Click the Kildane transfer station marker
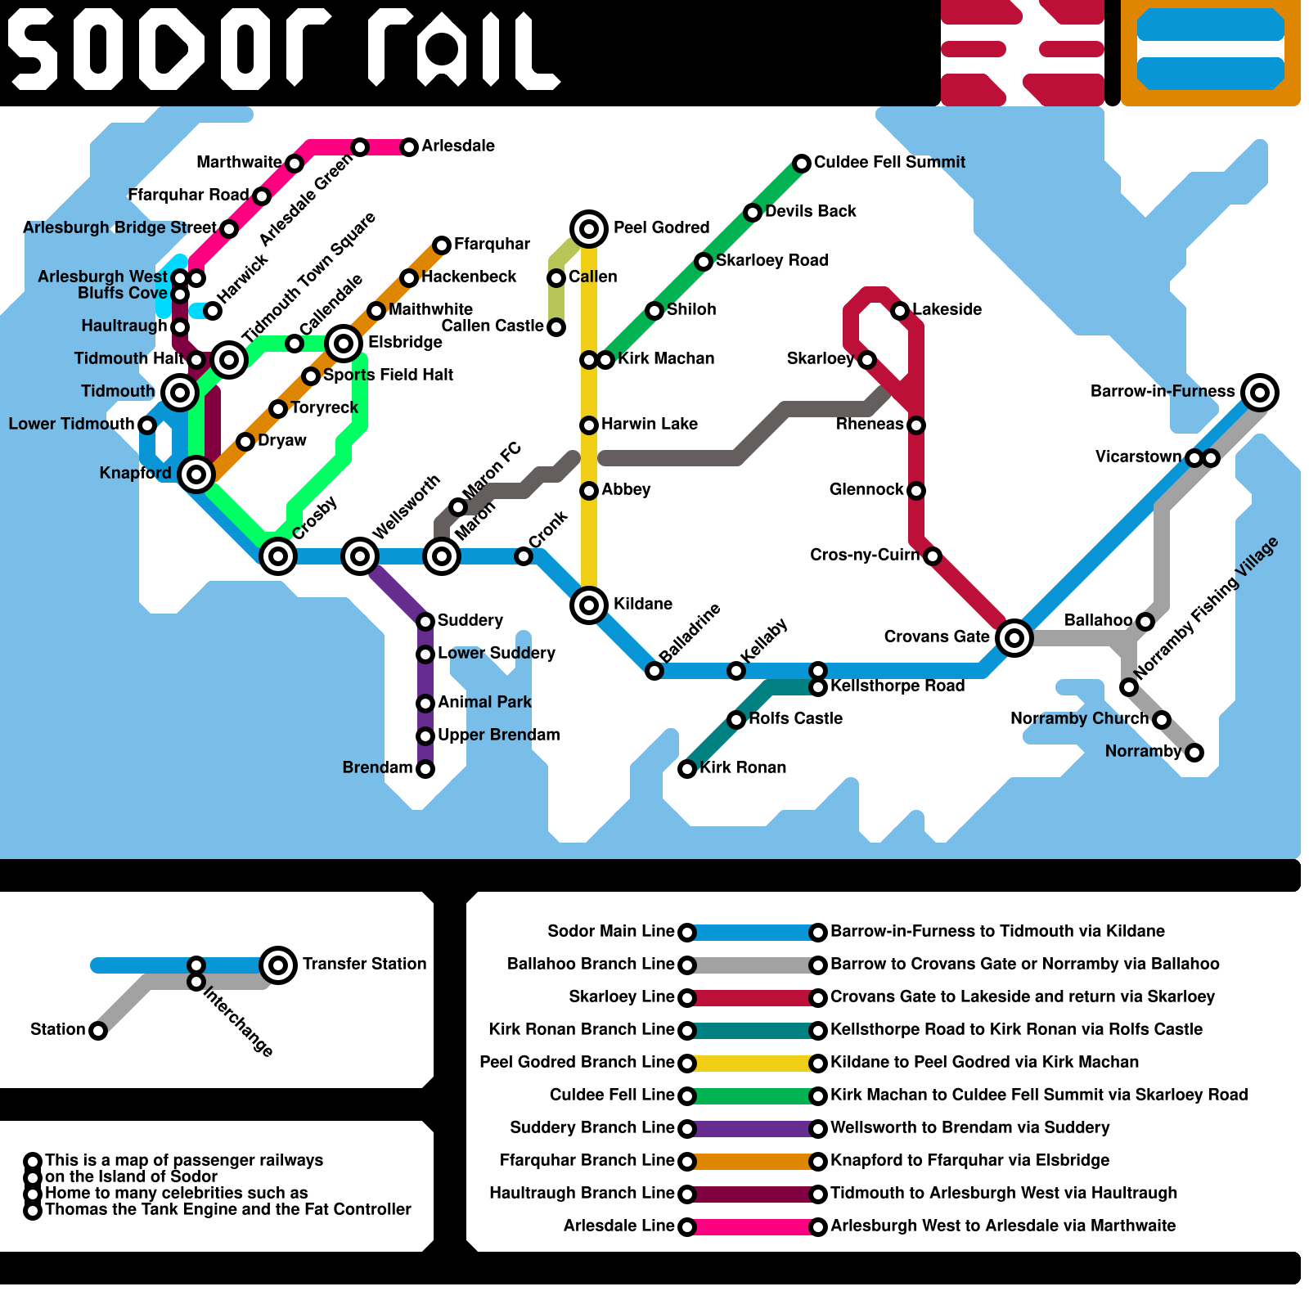point(589,605)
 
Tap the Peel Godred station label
point(661,227)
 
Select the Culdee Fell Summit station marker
point(802,164)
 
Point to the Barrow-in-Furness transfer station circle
point(1260,393)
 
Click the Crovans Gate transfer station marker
point(1014,637)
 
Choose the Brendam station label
point(377,767)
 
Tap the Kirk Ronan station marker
point(687,769)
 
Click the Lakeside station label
point(947,309)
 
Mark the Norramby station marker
point(1194,753)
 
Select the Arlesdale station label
point(458,146)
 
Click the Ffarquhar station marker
point(442,245)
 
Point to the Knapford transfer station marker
point(196,474)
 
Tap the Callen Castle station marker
point(556,327)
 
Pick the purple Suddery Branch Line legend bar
point(753,1129)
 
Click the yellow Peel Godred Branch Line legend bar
point(753,1064)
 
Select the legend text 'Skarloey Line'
point(621,996)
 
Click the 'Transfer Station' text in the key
point(364,964)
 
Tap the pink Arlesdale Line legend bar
point(753,1227)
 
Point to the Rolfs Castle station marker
point(736,720)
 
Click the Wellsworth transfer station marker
point(360,556)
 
